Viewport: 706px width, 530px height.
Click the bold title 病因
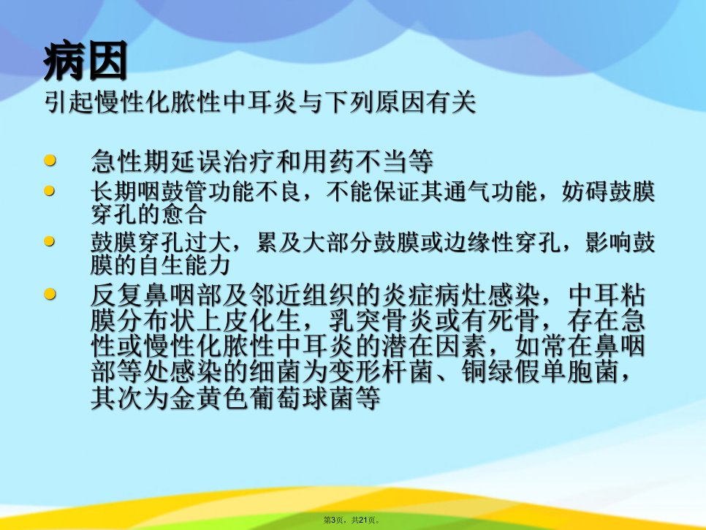(x=86, y=61)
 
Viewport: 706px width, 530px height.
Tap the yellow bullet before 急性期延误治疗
(x=50, y=160)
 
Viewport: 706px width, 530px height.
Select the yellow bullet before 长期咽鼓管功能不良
(x=50, y=191)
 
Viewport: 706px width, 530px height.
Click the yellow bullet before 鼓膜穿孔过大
(x=50, y=242)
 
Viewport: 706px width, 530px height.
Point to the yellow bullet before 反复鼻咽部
(x=50, y=295)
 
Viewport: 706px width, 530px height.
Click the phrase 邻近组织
(x=302, y=295)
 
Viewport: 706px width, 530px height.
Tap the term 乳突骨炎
(x=381, y=322)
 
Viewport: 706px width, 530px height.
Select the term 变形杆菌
(x=381, y=372)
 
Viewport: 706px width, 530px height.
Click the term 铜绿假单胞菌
(x=539, y=372)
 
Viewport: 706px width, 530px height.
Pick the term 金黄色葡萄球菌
(x=262, y=398)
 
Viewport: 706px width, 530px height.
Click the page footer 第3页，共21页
(x=352, y=520)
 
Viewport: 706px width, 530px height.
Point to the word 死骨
(x=513, y=322)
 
